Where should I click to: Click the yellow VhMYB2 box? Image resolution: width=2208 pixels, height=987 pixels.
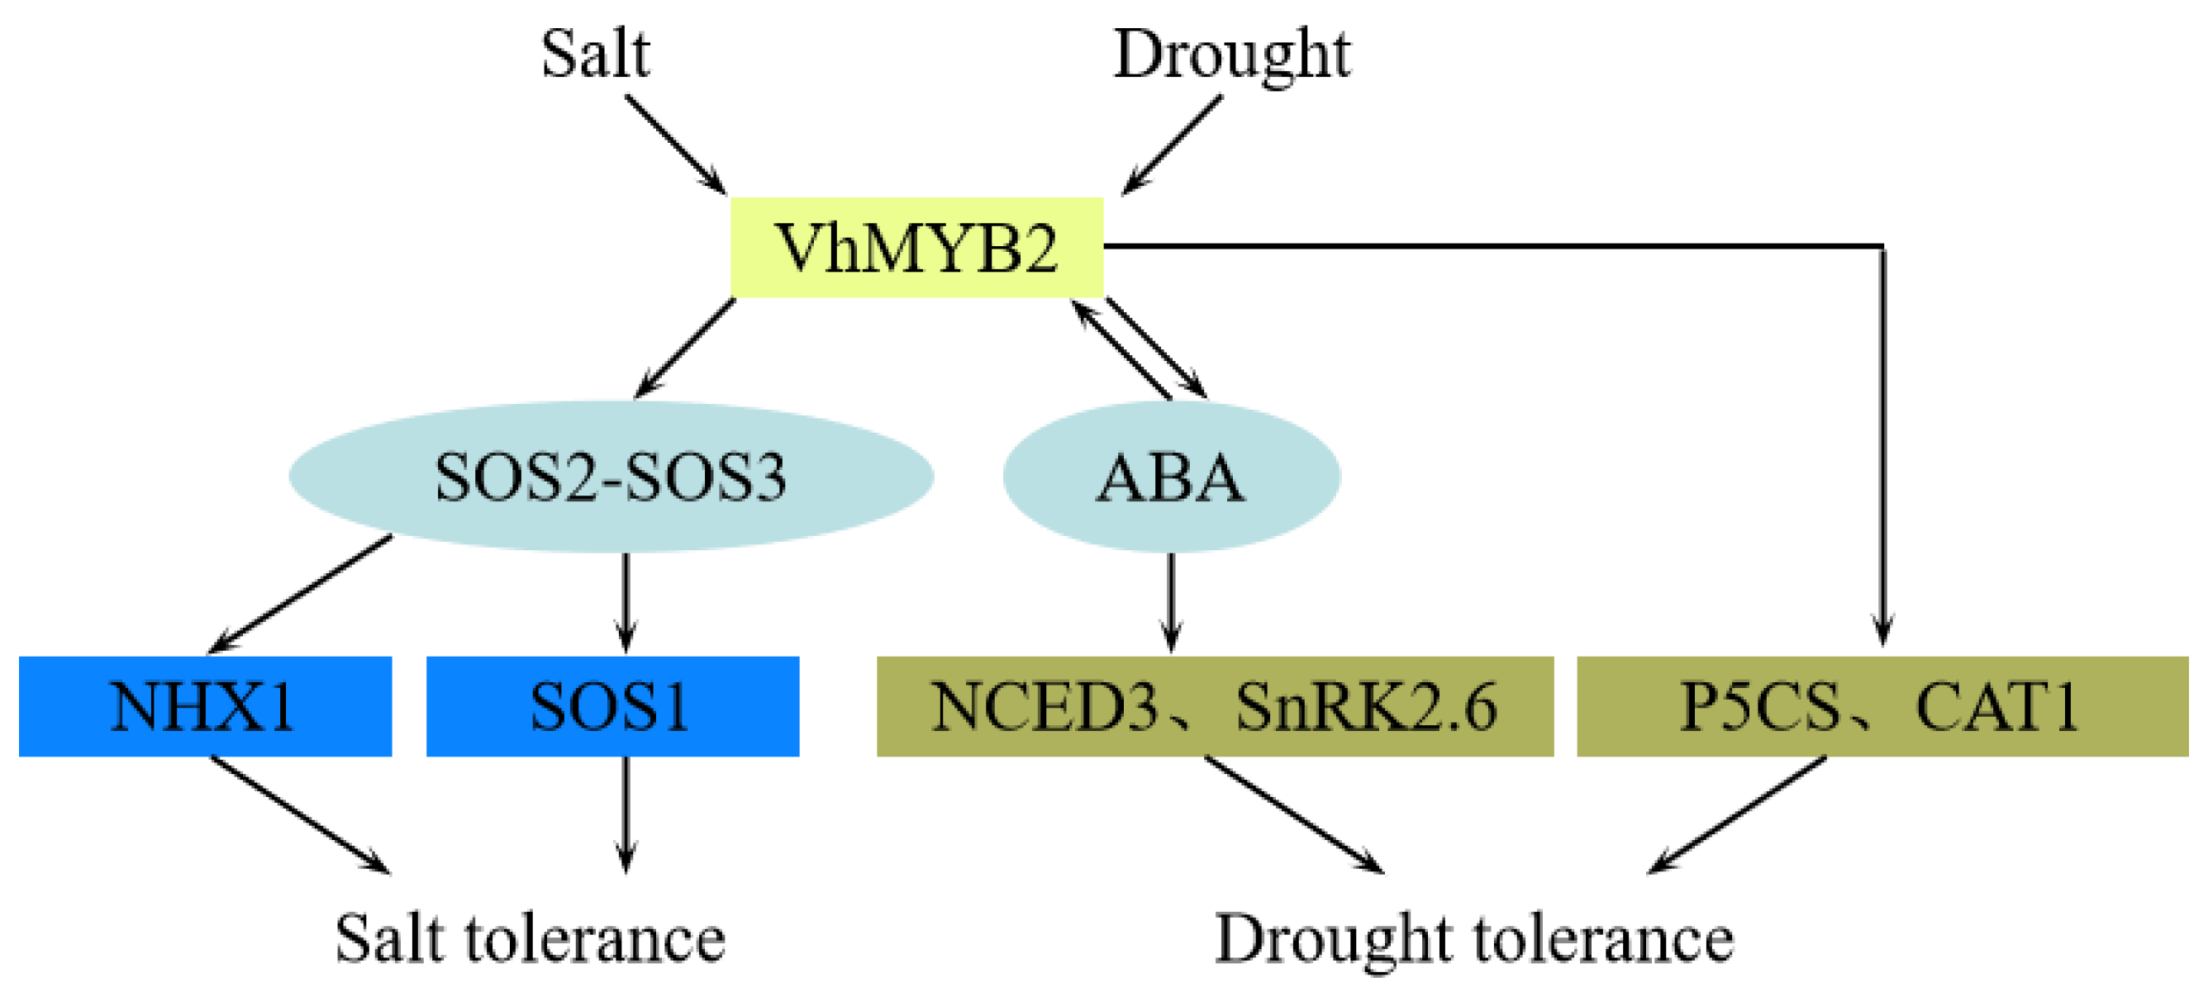(916, 248)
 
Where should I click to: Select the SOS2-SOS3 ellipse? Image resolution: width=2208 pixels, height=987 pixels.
(611, 477)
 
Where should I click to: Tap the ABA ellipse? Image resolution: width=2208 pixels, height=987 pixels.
(1171, 477)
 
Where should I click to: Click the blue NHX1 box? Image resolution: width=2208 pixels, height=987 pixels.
(205, 706)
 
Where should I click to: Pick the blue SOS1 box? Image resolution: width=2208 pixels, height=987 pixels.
(612, 706)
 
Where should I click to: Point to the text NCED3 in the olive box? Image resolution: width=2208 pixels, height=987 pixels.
(1043, 706)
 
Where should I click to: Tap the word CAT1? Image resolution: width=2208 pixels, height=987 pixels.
(1997, 706)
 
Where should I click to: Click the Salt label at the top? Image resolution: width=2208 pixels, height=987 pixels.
(595, 53)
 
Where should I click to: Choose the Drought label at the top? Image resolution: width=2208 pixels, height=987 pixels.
(1232, 53)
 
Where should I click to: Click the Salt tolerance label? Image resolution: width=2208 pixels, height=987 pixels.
(530, 938)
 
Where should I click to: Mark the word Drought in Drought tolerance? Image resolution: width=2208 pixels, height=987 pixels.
(1332, 938)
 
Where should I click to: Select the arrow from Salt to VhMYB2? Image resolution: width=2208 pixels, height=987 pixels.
(675, 144)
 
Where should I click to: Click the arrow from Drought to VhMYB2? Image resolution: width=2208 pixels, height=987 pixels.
(1173, 144)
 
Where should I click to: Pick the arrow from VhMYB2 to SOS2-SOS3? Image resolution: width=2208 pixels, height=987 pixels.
(684, 348)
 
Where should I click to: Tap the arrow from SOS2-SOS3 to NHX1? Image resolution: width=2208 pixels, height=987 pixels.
(300, 594)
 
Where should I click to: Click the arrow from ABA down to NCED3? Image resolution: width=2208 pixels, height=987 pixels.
(1171, 601)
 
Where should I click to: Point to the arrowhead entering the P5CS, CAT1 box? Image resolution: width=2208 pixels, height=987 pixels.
(1882, 629)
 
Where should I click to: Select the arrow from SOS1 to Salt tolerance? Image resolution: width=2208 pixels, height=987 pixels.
(626, 814)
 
